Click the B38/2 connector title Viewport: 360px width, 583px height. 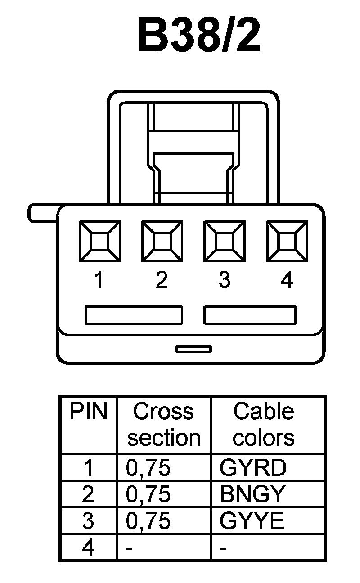(x=199, y=35)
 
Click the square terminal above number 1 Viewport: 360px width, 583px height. (x=99, y=241)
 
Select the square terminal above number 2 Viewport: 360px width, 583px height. (x=162, y=241)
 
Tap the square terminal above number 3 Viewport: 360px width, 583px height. (x=224, y=241)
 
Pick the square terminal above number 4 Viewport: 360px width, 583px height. (x=287, y=241)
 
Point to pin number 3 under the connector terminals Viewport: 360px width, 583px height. (x=224, y=280)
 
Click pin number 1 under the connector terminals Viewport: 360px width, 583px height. (x=99, y=280)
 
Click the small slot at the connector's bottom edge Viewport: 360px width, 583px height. (x=193, y=349)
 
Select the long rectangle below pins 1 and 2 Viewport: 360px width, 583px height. (x=134, y=315)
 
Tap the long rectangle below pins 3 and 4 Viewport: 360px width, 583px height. (x=250, y=315)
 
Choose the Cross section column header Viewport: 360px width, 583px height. (x=163, y=424)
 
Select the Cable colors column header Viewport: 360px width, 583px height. (x=264, y=424)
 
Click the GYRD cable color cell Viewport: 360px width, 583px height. (x=253, y=468)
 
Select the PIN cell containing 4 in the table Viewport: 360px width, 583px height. (x=88, y=548)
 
